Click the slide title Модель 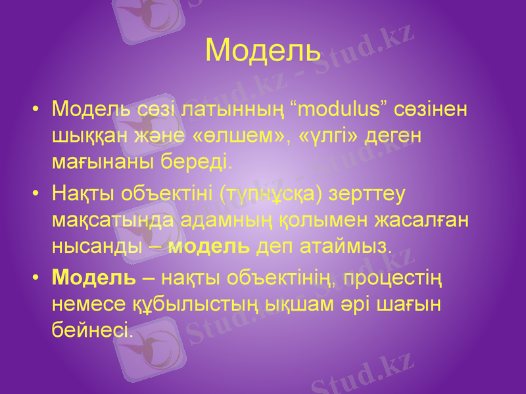pos(263,50)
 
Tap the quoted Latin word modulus pos(341,108)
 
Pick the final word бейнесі pos(91,330)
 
